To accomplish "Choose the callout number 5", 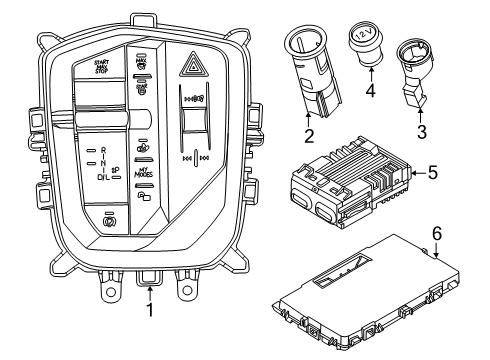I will point(433,173).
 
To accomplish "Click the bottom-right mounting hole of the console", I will point(186,294).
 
